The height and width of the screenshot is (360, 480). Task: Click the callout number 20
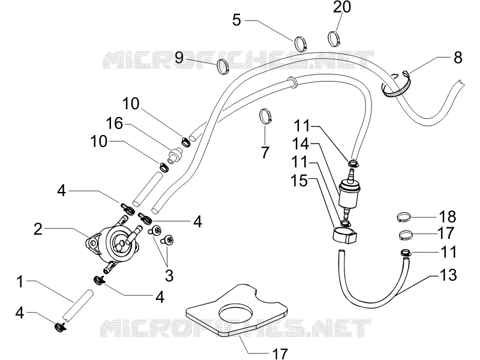[341, 7]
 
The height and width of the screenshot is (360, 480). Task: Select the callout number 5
[236, 20]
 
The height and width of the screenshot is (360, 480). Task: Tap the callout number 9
[179, 57]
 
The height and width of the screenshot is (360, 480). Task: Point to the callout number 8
[458, 58]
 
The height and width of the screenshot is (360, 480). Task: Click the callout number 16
[115, 124]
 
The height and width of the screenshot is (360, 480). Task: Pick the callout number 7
[265, 152]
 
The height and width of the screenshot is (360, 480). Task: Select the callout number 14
[301, 143]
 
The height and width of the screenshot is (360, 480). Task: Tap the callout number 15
[299, 181]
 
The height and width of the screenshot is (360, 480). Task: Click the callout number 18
[447, 217]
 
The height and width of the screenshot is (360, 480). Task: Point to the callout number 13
[448, 275]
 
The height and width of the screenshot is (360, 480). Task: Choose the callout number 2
[38, 229]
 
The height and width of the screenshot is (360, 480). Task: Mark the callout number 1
[20, 282]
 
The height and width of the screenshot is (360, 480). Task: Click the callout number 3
[169, 275]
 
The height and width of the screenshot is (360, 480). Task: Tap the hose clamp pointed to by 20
[334, 38]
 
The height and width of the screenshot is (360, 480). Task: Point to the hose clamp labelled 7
[265, 116]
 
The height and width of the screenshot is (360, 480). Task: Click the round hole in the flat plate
[235, 312]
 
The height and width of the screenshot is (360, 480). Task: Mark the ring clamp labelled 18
[403, 217]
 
